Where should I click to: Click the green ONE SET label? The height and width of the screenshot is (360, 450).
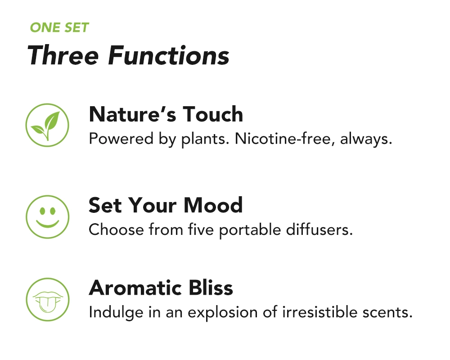click(59, 28)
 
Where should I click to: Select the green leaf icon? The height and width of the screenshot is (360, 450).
click(47, 125)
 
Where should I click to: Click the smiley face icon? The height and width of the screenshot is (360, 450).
click(47, 216)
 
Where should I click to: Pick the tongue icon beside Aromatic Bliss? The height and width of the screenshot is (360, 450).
click(47, 299)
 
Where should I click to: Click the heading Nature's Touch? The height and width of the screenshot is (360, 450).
click(166, 114)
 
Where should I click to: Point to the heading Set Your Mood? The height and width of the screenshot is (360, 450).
click(166, 205)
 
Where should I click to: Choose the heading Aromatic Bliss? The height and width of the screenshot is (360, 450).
click(161, 288)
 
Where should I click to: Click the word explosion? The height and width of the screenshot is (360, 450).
click(230, 312)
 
